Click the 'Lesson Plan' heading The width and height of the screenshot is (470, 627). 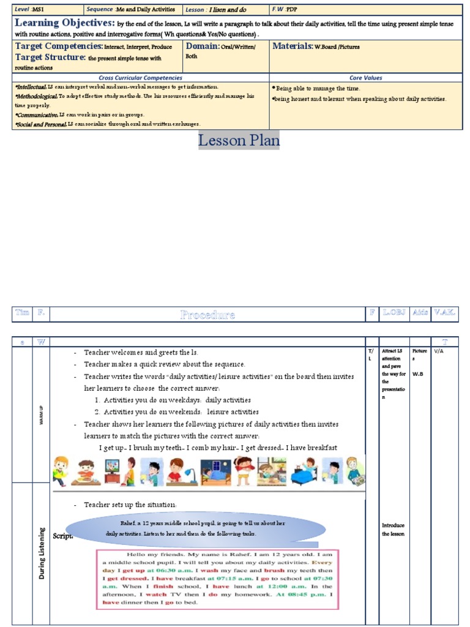239,140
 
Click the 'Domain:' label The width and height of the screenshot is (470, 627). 201,47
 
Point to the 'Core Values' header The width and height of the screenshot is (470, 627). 366,78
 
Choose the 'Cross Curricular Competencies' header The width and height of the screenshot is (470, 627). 140,78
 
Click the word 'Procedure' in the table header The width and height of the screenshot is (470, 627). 207,315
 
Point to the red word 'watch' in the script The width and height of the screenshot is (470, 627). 157,594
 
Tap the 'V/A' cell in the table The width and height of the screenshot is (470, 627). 439,352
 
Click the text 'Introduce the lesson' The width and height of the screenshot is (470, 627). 393,530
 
